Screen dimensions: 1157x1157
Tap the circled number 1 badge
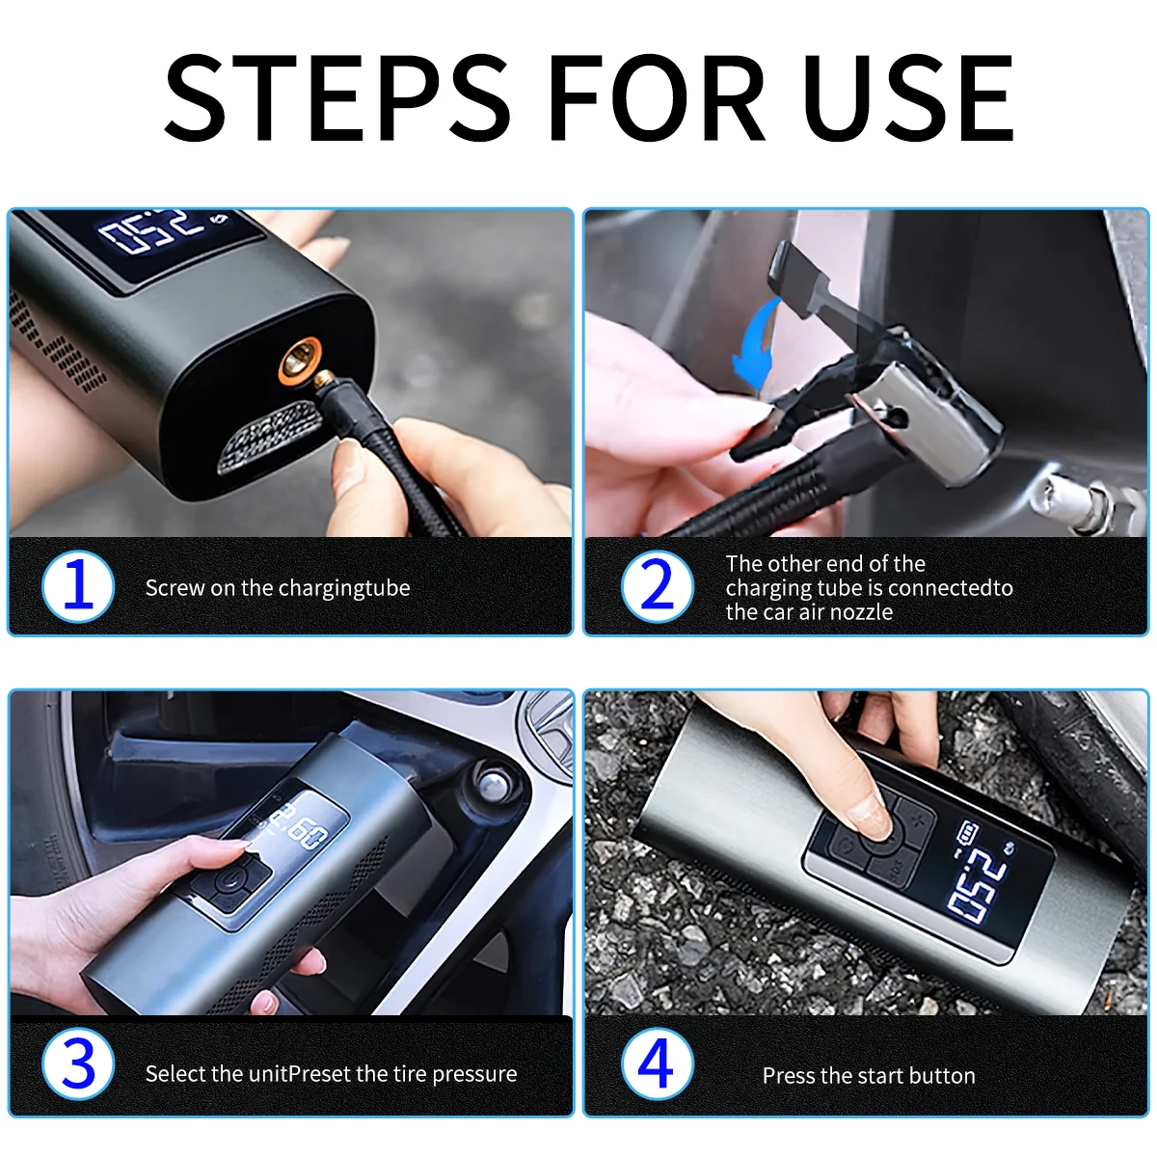(x=78, y=586)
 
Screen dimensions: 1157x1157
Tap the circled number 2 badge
(x=657, y=586)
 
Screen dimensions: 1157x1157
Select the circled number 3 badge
(x=78, y=1065)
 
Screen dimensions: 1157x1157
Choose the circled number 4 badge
(x=657, y=1065)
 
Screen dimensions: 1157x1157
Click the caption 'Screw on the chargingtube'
(x=278, y=588)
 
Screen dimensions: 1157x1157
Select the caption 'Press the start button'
(x=869, y=1076)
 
